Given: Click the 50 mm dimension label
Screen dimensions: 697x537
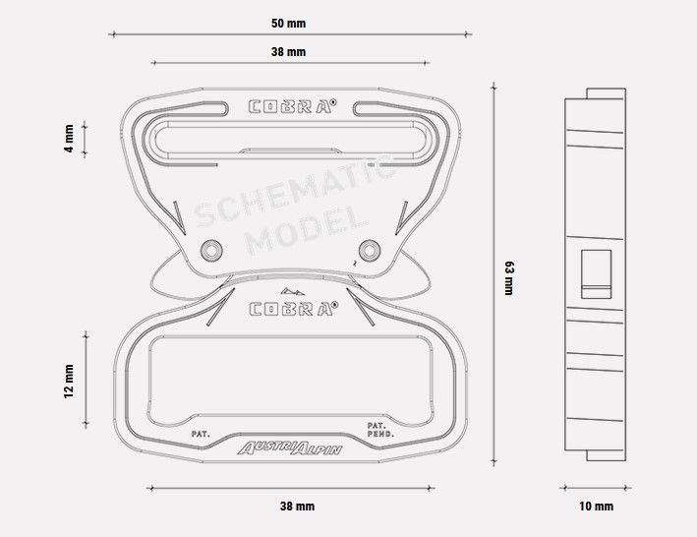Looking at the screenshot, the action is coord(288,24).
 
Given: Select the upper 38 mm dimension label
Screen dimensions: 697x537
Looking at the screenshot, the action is coord(288,52).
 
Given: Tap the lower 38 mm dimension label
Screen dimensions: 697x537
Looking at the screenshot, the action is coord(298,507).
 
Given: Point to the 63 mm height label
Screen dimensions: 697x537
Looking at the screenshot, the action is coord(509,278).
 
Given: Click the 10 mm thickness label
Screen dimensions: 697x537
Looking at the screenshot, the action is coord(596,507).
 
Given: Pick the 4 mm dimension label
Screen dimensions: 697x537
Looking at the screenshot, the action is coord(69,139).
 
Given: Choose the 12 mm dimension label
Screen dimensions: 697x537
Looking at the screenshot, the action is coord(69,382).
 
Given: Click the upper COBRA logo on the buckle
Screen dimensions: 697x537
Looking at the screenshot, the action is coord(292,106).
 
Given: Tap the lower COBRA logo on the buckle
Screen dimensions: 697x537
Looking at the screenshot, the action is coord(293,309).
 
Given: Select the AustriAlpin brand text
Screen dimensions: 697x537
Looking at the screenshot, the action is coord(290,448).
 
